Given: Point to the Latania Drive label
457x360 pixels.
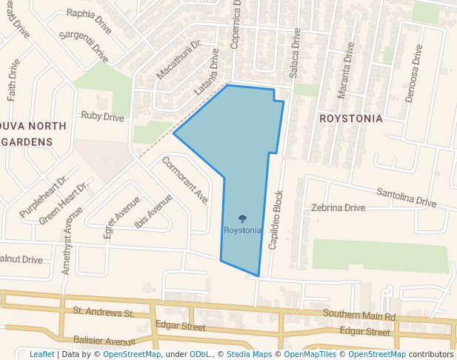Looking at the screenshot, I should [x=207, y=73].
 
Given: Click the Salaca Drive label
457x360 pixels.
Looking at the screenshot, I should [x=294, y=55].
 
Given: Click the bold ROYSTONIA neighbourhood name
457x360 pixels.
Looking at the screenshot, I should [x=350, y=119].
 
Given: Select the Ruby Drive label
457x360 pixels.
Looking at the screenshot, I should [x=102, y=116].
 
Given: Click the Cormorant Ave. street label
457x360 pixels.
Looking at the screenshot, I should [x=185, y=180].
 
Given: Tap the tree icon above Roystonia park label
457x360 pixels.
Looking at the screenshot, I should [x=242, y=219].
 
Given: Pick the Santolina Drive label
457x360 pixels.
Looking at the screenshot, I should [x=407, y=197].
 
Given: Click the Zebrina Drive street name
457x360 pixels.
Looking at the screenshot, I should [x=338, y=207].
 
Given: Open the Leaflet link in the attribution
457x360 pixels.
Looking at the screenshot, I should [x=41, y=354].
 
